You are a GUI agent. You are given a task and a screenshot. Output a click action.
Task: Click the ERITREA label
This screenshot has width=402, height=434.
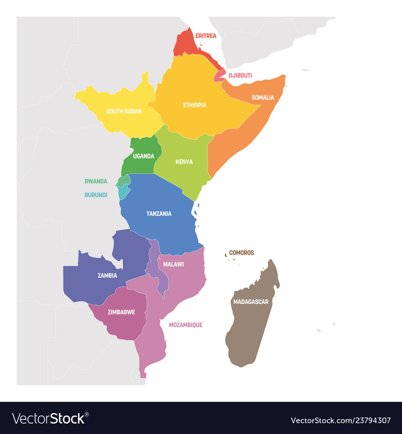coord(205,36)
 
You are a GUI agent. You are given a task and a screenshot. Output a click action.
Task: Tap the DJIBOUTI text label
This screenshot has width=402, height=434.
coord(240,75)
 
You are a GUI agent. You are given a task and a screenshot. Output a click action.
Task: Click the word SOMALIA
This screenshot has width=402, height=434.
coord(263,97)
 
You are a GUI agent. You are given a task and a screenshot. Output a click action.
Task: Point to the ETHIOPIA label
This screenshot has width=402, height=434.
coord(195,105)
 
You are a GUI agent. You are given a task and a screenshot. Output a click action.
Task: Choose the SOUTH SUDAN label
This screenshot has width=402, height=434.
coord(124,111)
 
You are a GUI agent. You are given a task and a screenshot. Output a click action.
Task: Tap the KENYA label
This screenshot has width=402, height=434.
coord(184,162)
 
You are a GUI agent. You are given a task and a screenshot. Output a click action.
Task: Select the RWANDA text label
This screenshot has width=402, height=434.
coord(96,181)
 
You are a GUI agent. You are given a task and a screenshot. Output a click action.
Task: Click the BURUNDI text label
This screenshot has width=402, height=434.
coord(96,195)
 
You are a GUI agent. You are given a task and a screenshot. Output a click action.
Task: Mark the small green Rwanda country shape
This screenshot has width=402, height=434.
coord(123,181)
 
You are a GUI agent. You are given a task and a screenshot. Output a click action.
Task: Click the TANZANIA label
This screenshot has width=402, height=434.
coord(159,213)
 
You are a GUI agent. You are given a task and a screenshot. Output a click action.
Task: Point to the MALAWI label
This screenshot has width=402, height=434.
coord(173,264)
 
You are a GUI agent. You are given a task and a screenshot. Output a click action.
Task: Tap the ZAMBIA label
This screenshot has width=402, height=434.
coord(107,276)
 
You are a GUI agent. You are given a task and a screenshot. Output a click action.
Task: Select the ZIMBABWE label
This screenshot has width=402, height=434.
coord(121,312)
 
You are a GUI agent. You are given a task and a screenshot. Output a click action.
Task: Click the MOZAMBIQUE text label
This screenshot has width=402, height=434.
coord(185,325)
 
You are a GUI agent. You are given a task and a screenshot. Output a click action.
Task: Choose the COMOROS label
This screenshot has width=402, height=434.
coord(241,253)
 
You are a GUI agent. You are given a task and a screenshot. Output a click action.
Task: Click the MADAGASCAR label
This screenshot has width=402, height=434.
coord(250,301)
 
